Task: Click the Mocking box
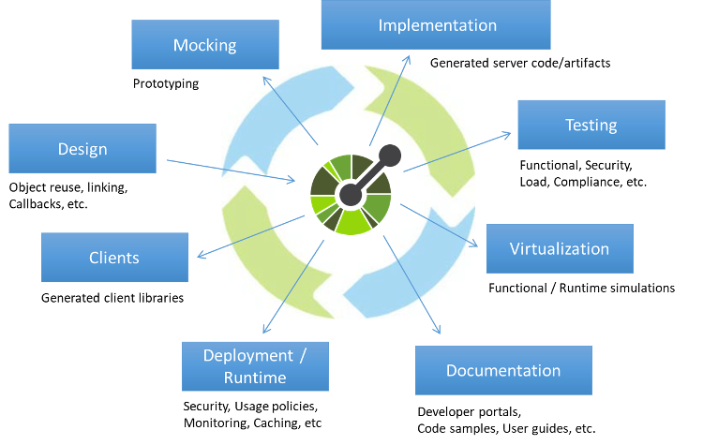pyautogui.click(x=205, y=44)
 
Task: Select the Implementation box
pyautogui.click(x=436, y=24)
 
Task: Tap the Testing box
pyautogui.click(x=591, y=125)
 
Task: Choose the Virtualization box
pyautogui.click(x=560, y=248)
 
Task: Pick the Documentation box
pyautogui.click(x=503, y=370)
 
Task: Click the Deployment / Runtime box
pyautogui.click(x=255, y=366)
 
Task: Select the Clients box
pyautogui.click(x=114, y=258)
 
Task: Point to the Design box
pyautogui.click(x=82, y=148)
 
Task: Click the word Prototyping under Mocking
pyautogui.click(x=166, y=83)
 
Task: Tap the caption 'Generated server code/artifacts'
pyautogui.click(x=520, y=63)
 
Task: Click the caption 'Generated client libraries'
pyautogui.click(x=112, y=298)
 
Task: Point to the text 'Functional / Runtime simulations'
pyautogui.click(x=581, y=288)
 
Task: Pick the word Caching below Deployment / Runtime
pyautogui.click(x=277, y=423)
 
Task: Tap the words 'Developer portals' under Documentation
pyautogui.click(x=469, y=412)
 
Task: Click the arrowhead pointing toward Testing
pyautogui.click(x=507, y=134)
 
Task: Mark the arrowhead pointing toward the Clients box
pyautogui.click(x=201, y=256)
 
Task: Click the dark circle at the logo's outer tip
pyautogui.click(x=390, y=156)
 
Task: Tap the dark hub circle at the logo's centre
pyautogui.click(x=351, y=195)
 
